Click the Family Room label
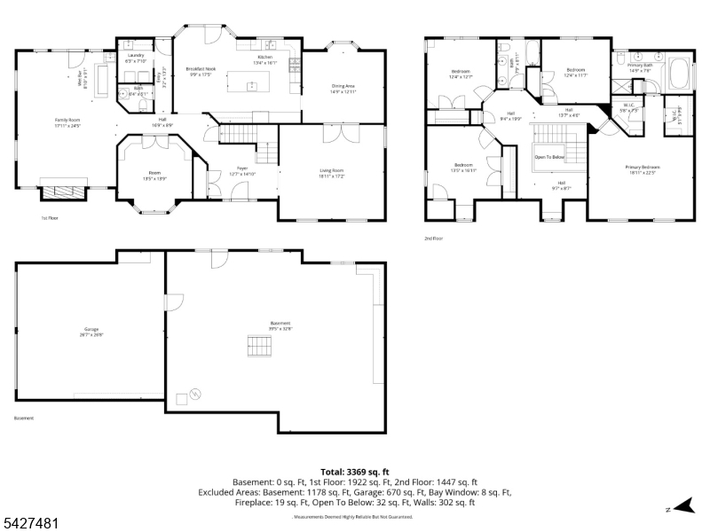click(x=67, y=121)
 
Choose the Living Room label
click(x=332, y=172)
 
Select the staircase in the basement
click(x=258, y=344)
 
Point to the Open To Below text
click(x=548, y=157)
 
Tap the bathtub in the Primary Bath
click(x=682, y=73)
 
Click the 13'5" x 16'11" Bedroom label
click(x=463, y=167)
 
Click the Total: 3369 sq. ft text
click(x=354, y=472)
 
